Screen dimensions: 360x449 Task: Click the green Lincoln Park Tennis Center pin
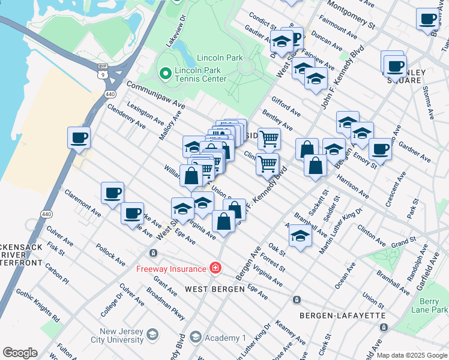pyautogui.click(x=165, y=73)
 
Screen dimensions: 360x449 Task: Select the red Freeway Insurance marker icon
pyautogui.click(x=215, y=268)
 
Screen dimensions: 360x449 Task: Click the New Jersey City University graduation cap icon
pyautogui.click(x=152, y=334)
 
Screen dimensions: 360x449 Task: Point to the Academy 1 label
pyautogui.click(x=221, y=338)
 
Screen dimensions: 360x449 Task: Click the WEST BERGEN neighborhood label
pyautogui.click(x=214, y=289)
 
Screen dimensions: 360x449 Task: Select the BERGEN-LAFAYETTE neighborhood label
pyautogui.click(x=332, y=315)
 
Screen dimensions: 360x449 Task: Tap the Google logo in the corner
pyautogui.click(x=20, y=353)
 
